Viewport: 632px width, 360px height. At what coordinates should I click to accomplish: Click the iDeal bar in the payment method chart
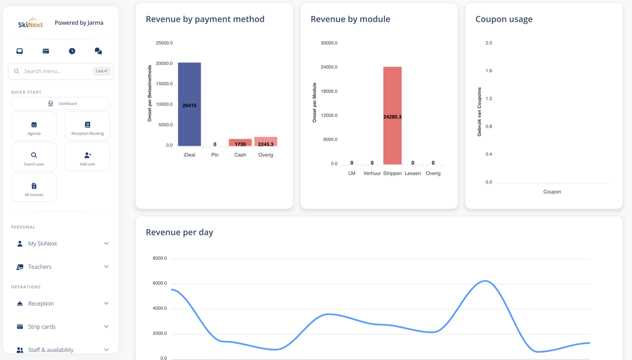[x=189, y=104]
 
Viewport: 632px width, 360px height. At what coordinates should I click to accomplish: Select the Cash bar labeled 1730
[x=240, y=142]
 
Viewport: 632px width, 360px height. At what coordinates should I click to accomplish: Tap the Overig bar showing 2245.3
[x=266, y=141]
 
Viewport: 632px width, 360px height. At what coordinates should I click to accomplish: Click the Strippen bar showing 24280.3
[x=392, y=116]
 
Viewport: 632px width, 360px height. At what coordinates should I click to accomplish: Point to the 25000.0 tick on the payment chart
[x=164, y=43]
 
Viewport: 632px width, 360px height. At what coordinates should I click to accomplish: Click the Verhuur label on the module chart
[x=372, y=173]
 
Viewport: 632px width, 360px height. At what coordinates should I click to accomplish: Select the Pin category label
[x=215, y=155]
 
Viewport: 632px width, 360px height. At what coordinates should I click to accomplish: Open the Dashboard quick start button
[x=61, y=103]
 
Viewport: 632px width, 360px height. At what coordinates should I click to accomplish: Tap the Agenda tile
[x=34, y=126]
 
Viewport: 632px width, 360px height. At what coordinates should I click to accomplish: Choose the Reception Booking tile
[x=87, y=126]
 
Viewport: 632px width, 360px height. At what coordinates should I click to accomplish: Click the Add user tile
[x=87, y=156]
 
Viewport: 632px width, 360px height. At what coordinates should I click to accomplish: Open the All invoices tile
[x=34, y=187]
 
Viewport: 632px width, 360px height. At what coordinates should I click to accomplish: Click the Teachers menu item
[x=39, y=267]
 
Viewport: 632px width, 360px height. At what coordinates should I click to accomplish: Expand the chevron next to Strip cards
[x=106, y=326]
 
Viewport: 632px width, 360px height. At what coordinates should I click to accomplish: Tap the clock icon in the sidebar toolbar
[x=72, y=51]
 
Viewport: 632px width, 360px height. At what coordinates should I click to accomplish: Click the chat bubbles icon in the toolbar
[x=98, y=51]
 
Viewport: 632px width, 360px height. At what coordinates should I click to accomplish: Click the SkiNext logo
[x=30, y=23]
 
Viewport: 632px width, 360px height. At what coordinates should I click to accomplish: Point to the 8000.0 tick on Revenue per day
[x=160, y=258]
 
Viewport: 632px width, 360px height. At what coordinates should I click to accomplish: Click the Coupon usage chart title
[x=504, y=19]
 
